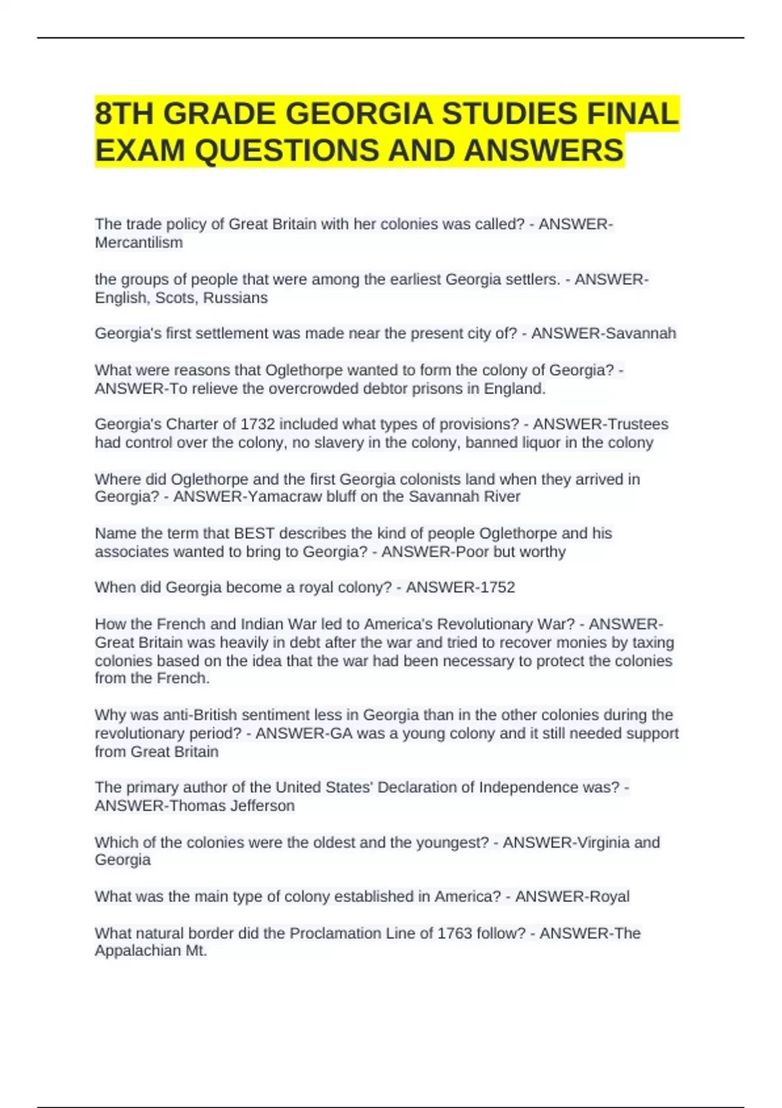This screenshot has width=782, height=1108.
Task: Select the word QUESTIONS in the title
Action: click(287, 151)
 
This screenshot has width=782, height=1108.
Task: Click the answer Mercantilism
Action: click(139, 242)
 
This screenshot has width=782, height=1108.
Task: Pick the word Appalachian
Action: click(137, 950)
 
